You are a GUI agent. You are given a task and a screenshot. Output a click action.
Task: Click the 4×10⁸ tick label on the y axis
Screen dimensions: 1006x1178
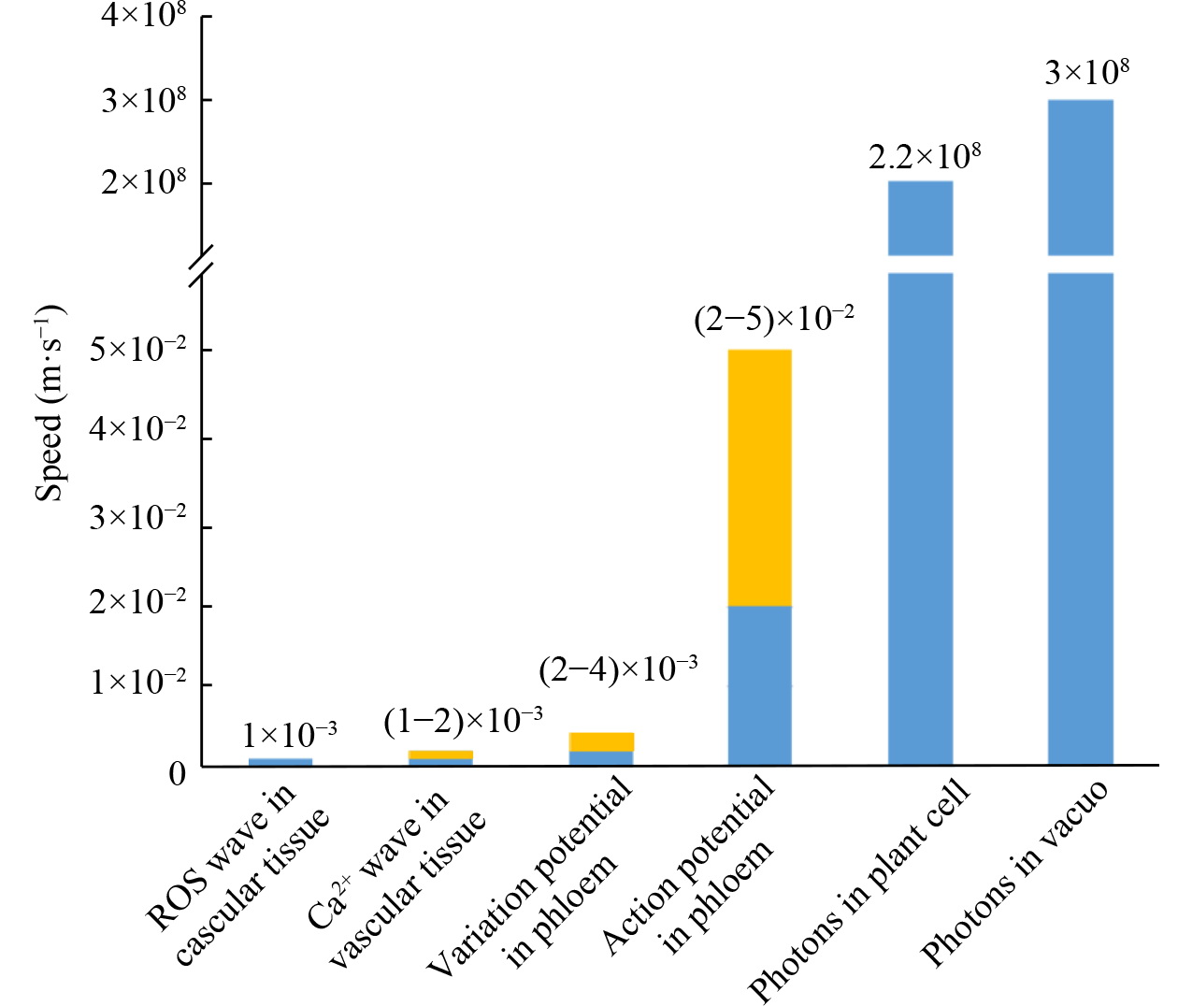tap(144, 16)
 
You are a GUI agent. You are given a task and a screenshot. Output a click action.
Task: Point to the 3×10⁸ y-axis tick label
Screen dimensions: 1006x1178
tap(144, 99)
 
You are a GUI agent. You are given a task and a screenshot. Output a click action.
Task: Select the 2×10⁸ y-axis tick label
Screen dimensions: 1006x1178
tap(144, 181)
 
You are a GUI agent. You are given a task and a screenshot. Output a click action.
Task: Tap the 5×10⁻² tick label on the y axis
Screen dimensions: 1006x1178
tap(137, 350)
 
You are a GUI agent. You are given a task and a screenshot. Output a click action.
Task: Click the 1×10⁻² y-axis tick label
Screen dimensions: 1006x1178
tap(137, 683)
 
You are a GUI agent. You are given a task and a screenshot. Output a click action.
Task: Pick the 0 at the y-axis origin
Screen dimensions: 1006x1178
tap(178, 773)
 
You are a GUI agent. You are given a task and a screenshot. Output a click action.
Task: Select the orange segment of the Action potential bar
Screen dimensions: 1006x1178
tap(759, 477)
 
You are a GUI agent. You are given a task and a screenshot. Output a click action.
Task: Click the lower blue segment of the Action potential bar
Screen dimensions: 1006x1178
tap(759, 684)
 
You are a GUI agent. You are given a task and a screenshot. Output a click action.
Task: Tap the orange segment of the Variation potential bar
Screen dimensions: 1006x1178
tap(601, 741)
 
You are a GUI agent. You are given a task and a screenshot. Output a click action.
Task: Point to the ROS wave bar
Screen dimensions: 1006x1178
tap(280, 762)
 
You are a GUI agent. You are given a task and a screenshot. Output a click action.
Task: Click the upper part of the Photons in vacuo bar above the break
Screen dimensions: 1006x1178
tap(1080, 177)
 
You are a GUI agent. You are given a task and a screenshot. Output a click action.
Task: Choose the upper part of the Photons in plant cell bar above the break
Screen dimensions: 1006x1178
tap(920, 217)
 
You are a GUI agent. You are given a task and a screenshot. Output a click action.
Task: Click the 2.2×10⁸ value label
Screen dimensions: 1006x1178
tap(925, 156)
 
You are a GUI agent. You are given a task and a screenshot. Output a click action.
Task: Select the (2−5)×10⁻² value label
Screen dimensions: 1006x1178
tap(773, 320)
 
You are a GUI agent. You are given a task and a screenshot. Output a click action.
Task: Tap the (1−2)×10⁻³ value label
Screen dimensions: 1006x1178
tap(463, 721)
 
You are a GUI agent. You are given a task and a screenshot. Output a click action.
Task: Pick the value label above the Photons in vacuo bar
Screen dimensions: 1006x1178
tap(1086, 72)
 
